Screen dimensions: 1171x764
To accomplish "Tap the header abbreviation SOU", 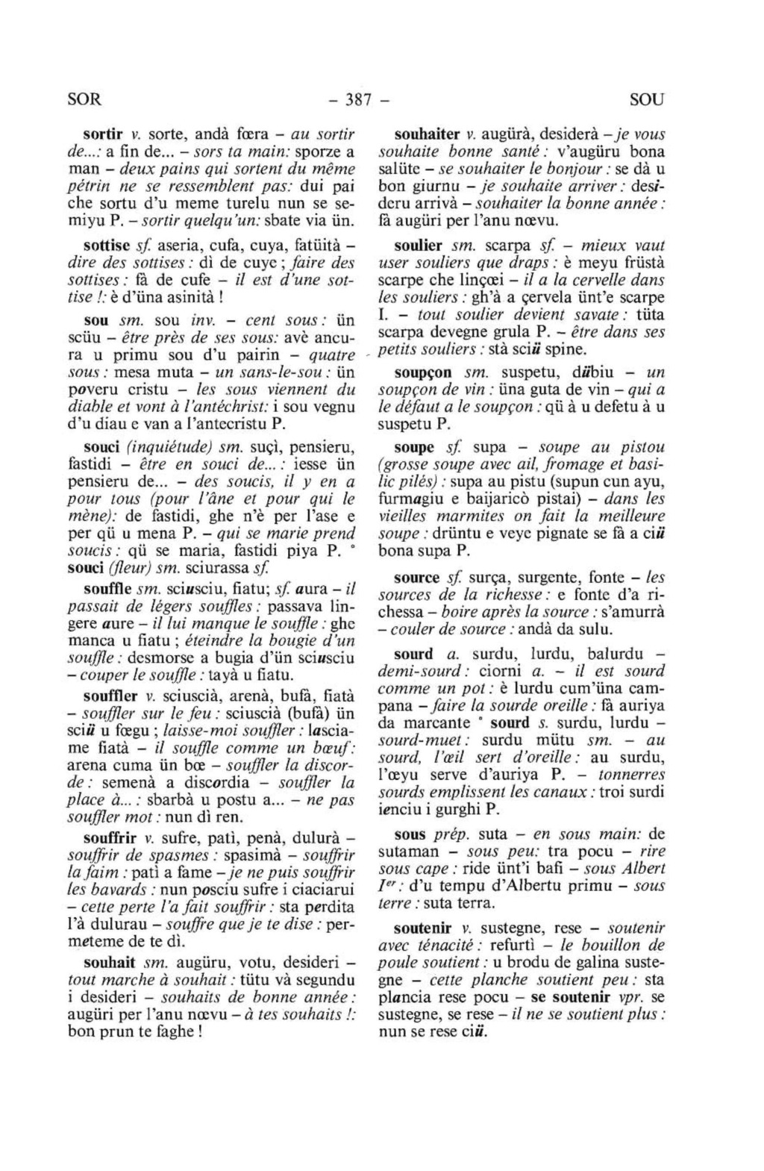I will pos(646,99).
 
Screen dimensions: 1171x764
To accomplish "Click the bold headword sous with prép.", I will pos(410,834).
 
